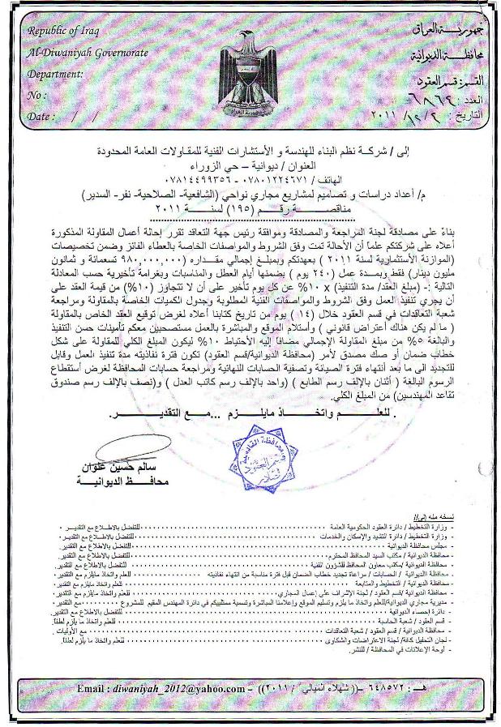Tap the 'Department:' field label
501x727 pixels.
tap(55, 74)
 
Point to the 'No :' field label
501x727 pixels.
tap(37, 95)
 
